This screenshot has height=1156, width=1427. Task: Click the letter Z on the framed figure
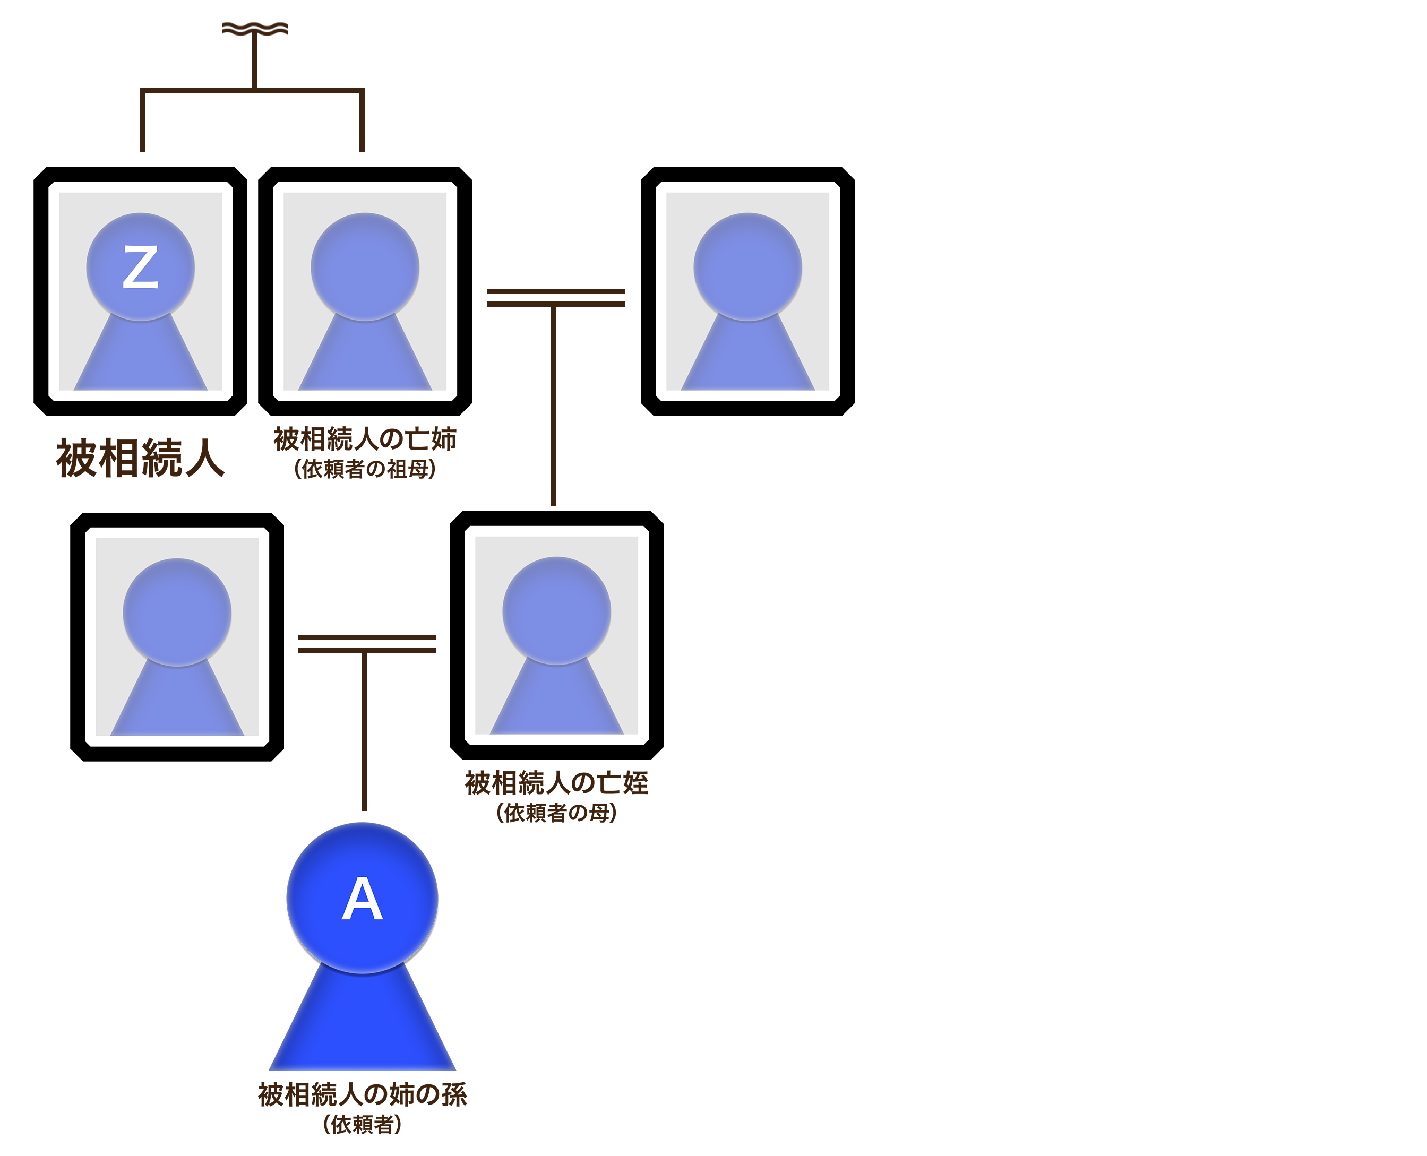tap(141, 267)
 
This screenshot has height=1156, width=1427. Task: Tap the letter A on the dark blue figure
tap(362, 898)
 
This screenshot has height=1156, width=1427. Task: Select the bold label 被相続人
tap(141, 458)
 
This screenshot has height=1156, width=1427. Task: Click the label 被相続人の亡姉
tap(365, 439)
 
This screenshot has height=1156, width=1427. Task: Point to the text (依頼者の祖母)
tap(365, 469)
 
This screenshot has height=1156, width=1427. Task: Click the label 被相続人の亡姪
tap(557, 782)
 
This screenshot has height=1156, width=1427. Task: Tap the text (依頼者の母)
tap(557, 813)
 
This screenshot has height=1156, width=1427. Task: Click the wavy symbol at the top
tap(255, 29)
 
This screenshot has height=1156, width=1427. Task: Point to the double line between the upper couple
tap(556, 298)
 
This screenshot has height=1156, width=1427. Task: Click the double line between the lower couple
tap(366, 643)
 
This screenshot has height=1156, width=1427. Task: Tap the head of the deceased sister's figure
tap(365, 267)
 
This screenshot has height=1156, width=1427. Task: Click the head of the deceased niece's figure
tap(557, 610)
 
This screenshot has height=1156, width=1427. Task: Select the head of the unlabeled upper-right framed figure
tap(748, 267)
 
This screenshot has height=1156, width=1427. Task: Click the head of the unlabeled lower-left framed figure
tap(177, 612)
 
